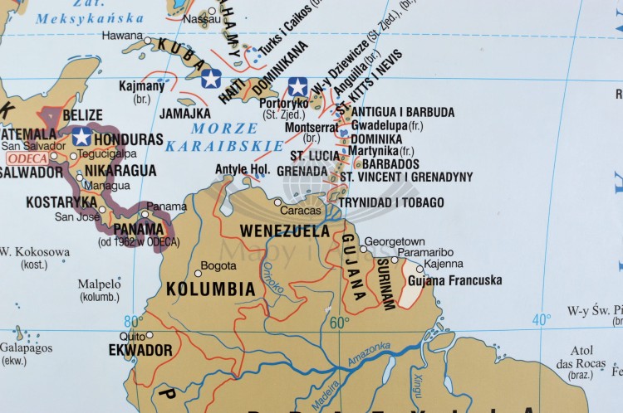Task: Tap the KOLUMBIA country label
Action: pos(210,289)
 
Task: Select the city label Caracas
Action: pos(300,211)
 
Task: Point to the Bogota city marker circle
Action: pos(198,272)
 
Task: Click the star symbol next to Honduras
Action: pos(81,137)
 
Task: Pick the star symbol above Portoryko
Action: pos(297,86)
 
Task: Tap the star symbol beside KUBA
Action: pos(211,79)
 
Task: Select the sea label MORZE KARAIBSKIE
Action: pos(224,137)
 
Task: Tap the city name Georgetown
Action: pos(395,241)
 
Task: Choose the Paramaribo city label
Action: pos(424,252)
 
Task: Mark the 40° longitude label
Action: pos(541,319)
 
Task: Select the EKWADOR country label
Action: pos(140,350)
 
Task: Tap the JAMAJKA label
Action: pos(184,113)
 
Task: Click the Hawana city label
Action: pos(122,36)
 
